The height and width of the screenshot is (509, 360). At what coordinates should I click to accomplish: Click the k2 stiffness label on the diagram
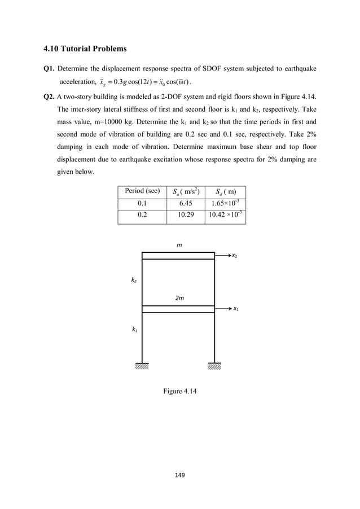[x=134, y=279]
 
